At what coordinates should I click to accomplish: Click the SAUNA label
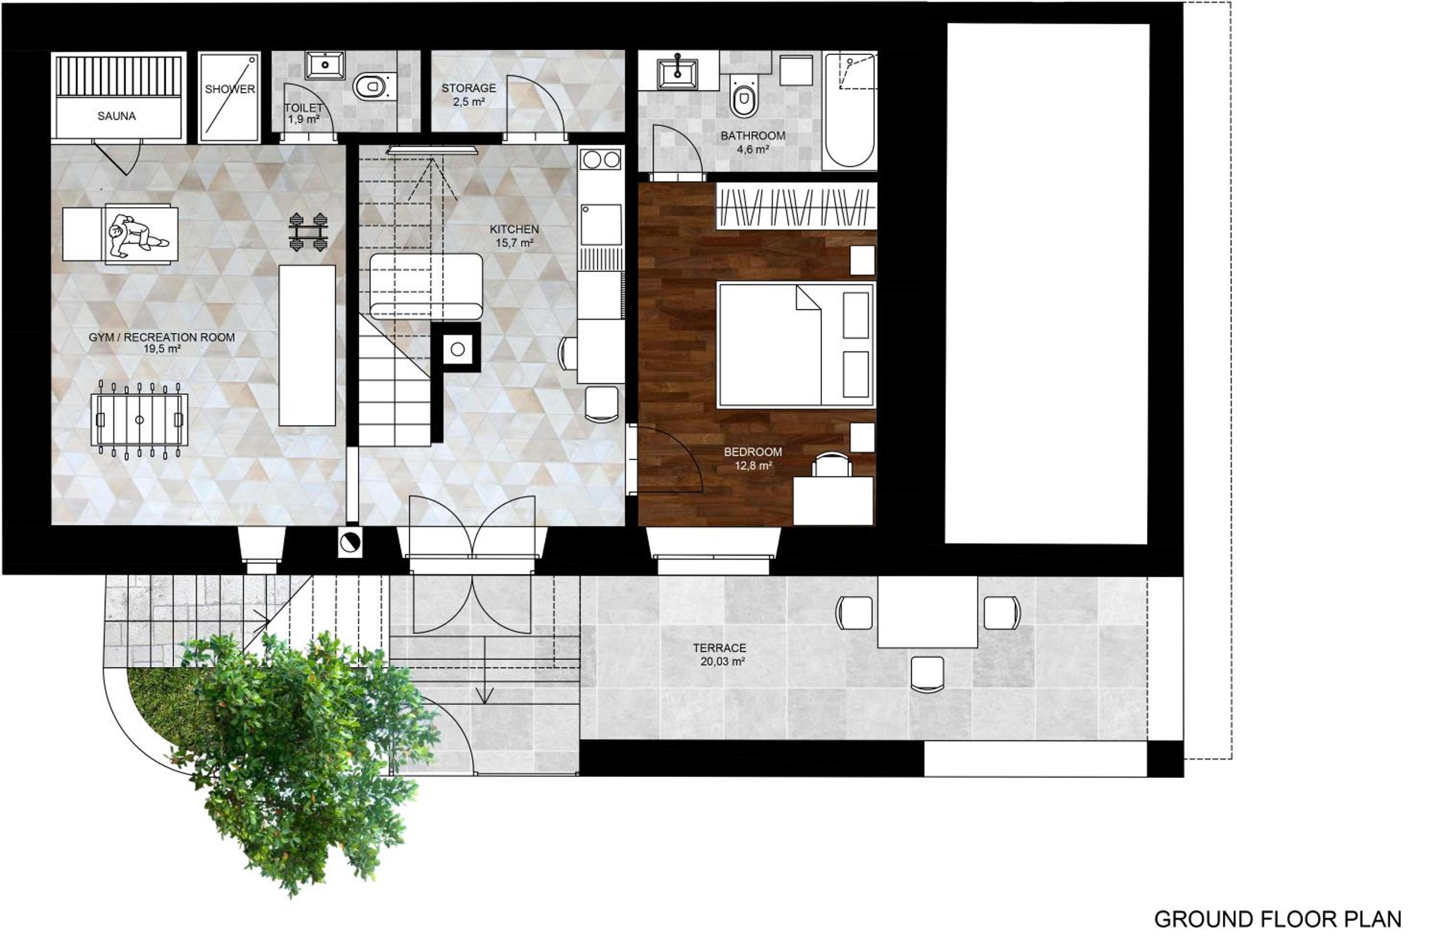pos(116,116)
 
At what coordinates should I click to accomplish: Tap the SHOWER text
pos(230,89)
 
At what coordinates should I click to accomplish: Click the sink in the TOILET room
pos(325,65)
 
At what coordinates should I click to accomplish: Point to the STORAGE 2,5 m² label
pos(468,95)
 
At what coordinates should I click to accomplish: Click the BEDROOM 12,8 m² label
pos(753,458)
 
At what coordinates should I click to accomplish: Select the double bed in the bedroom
pos(796,345)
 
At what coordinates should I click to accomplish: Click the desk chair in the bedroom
pos(831,465)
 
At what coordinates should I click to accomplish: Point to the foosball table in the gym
pos(139,420)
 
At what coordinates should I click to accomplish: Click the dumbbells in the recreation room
pos(309,232)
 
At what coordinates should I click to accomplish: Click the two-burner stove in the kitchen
pos(601,160)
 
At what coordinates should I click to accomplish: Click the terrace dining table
pos(927,611)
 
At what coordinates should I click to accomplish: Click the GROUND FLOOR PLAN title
pos(1278,919)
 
